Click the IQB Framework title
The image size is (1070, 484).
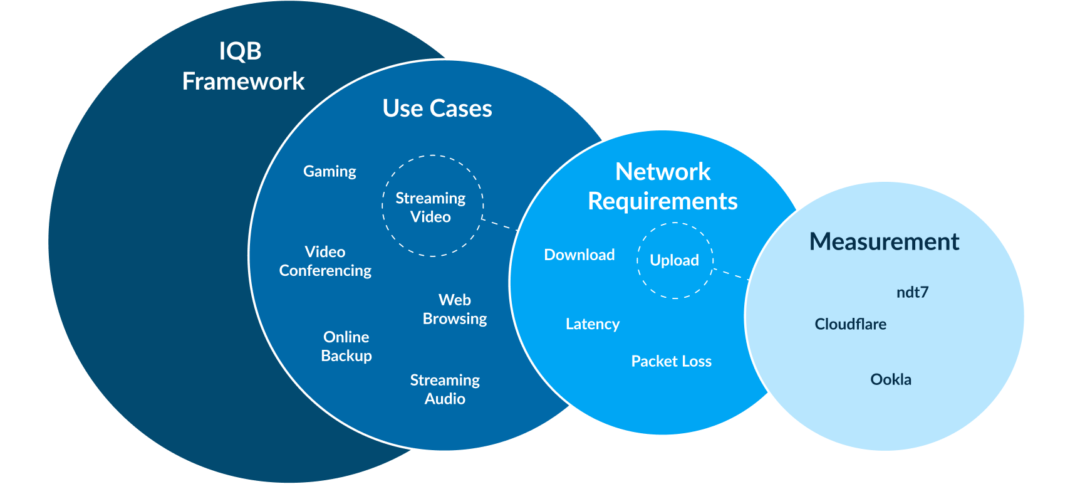pyautogui.click(x=242, y=66)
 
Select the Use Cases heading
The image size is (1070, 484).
pyautogui.click(x=437, y=108)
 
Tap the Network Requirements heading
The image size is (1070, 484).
pyautogui.click(x=663, y=186)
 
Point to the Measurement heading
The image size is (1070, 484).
pyautogui.click(x=884, y=241)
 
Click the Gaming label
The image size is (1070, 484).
pyautogui.click(x=330, y=171)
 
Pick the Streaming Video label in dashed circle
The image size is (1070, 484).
pyautogui.click(x=431, y=207)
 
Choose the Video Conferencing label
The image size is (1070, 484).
pyautogui.click(x=325, y=261)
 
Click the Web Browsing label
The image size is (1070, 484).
pyautogui.click(x=455, y=309)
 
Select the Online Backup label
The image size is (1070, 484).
pyautogui.click(x=346, y=346)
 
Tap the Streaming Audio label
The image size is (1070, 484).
pyautogui.click(x=445, y=389)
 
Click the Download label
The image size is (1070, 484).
pyautogui.click(x=579, y=255)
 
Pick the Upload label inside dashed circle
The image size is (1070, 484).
pyautogui.click(x=675, y=260)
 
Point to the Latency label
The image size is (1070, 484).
pyautogui.click(x=593, y=324)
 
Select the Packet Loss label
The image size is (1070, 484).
pyautogui.click(x=671, y=361)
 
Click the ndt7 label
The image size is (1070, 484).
pyautogui.click(x=912, y=292)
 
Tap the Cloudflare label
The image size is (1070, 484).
pyautogui.click(x=850, y=324)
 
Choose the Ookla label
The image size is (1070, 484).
pyautogui.click(x=891, y=379)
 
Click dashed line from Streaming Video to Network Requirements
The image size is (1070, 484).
pyautogui.click(x=499, y=224)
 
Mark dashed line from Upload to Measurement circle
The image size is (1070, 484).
pyautogui.click(x=731, y=274)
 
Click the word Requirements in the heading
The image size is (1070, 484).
pyautogui.click(x=663, y=201)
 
